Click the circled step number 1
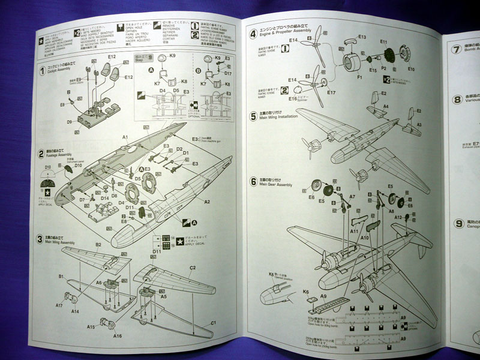(41, 71)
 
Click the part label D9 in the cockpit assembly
(70, 122)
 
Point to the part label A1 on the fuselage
(126, 137)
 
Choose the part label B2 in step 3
(98, 245)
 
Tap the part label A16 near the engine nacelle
(118, 336)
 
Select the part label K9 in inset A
(172, 56)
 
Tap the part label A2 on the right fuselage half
(206, 202)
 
